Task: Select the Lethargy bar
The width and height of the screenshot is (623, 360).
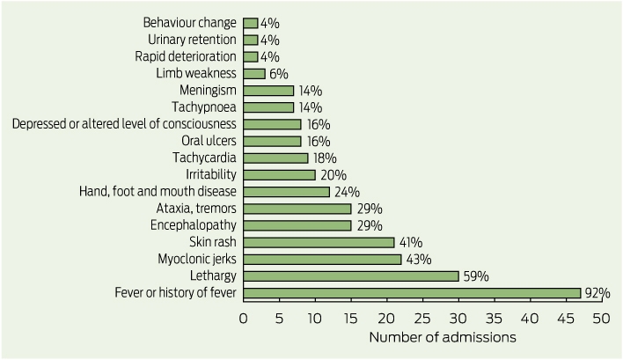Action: (351, 276)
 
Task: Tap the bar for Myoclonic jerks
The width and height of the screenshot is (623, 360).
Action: (322, 260)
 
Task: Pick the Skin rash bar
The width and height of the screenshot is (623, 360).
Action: (319, 242)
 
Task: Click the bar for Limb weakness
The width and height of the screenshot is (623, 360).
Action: (254, 74)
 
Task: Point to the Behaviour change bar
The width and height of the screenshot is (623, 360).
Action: (250, 24)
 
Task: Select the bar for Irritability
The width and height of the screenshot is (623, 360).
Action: (279, 175)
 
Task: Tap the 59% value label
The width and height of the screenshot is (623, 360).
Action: (476, 276)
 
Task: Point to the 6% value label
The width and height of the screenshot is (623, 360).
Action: (279, 74)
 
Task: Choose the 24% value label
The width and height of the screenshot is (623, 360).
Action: (347, 192)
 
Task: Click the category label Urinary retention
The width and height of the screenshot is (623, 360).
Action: (192, 40)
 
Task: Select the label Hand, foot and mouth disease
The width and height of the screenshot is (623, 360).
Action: (158, 192)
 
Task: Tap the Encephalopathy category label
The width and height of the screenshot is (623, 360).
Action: (193, 225)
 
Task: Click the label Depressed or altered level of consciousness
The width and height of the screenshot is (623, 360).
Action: (124, 124)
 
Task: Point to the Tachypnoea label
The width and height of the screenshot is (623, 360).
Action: (204, 107)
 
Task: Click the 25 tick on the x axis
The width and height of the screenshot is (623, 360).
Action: (422, 319)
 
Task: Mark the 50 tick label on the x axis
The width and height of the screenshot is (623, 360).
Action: (601, 319)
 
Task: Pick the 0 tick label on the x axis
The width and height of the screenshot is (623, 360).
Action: (243, 319)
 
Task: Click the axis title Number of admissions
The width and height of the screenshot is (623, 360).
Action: (443, 337)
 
